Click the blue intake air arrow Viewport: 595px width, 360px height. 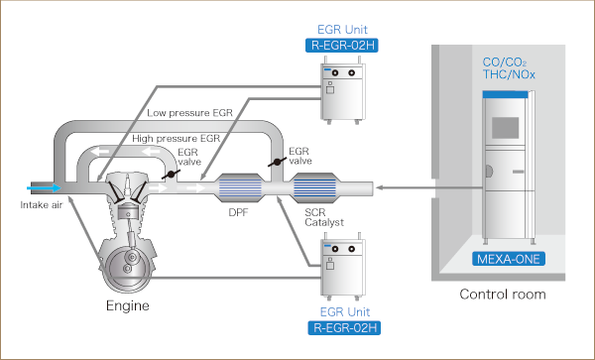tap(44, 187)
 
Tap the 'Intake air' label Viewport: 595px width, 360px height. tap(41, 205)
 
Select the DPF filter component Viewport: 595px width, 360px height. tap(239, 187)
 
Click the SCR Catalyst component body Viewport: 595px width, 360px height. tap(314, 187)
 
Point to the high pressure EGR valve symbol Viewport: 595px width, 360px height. tap(171, 175)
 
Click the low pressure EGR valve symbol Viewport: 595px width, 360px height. tap(278, 162)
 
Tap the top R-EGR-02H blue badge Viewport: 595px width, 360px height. tap(342, 46)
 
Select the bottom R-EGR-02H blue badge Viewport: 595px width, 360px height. tap(344, 327)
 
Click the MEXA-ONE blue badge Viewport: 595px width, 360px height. tap(509, 259)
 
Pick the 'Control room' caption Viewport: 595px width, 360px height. tap(503, 295)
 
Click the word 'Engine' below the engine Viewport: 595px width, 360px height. tap(128, 305)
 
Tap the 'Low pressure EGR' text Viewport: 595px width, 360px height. tap(189, 113)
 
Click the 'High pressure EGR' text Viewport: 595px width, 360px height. tap(177, 139)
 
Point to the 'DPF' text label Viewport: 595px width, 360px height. tap(238, 212)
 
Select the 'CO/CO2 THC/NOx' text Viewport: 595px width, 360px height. tap(509, 68)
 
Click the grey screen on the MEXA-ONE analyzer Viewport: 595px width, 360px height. tap(506, 128)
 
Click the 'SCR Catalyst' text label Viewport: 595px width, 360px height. tap(324, 217)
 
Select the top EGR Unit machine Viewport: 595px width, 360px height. tap(343, 90)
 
